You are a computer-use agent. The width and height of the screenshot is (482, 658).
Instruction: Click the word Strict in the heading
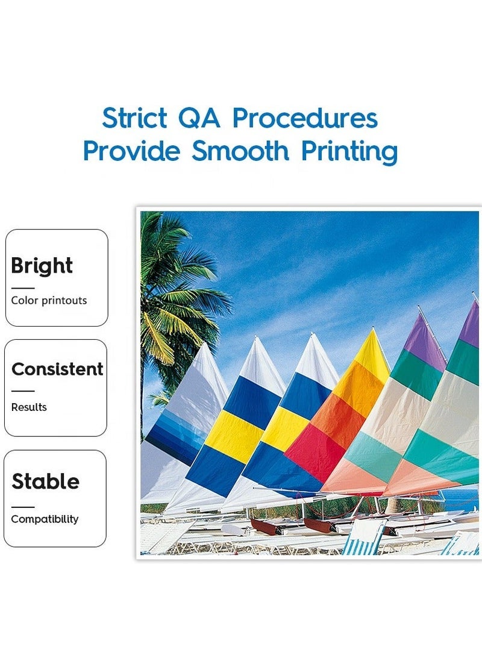134,118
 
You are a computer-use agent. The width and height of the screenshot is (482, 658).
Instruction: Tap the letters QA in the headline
199,118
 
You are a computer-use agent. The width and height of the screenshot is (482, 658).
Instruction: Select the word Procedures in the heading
305,118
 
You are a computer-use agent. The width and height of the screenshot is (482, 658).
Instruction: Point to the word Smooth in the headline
240,151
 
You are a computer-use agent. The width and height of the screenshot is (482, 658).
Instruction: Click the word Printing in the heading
349,152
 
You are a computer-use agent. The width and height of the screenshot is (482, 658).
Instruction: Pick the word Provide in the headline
132,151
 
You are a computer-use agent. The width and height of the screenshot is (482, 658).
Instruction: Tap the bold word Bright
42,266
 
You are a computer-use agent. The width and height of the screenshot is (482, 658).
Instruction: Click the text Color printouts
49,301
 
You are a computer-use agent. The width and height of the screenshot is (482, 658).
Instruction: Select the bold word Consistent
57,369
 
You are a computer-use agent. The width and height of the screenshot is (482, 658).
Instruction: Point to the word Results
29,407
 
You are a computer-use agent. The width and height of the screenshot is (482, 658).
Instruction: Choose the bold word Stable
45,481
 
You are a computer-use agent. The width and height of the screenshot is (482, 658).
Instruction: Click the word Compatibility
45,519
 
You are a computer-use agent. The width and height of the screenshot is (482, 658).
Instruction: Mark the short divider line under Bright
23,288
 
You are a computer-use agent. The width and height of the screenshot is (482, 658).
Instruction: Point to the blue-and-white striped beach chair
363,536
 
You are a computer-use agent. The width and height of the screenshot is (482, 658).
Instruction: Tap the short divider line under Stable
23,507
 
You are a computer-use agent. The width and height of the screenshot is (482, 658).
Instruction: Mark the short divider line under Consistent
23,391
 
